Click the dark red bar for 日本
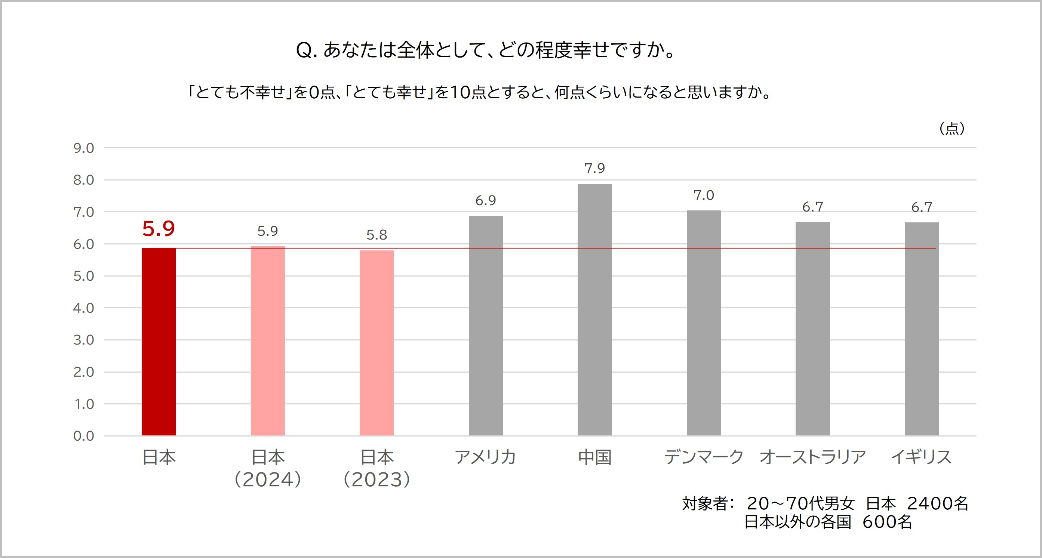click(159, 342)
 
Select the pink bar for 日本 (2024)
click(267, 341)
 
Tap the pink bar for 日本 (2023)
click(376, 343)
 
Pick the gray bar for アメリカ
click(485, 326)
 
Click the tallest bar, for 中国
click(594, 310)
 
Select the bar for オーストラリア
click(813, 328)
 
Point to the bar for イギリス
click(922, 329)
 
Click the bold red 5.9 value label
click(159, 229)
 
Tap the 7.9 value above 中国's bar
click(594, 168)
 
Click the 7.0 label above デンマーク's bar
click(704, 196)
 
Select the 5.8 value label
click(376, 235)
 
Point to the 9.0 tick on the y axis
click(84, 148)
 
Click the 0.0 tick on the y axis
click(84, 436)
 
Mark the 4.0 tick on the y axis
click(84, 308)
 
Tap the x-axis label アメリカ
click(485, 457)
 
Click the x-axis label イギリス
click(922, 457)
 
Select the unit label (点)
click(952, 129)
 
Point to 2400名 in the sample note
click(938, 504)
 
